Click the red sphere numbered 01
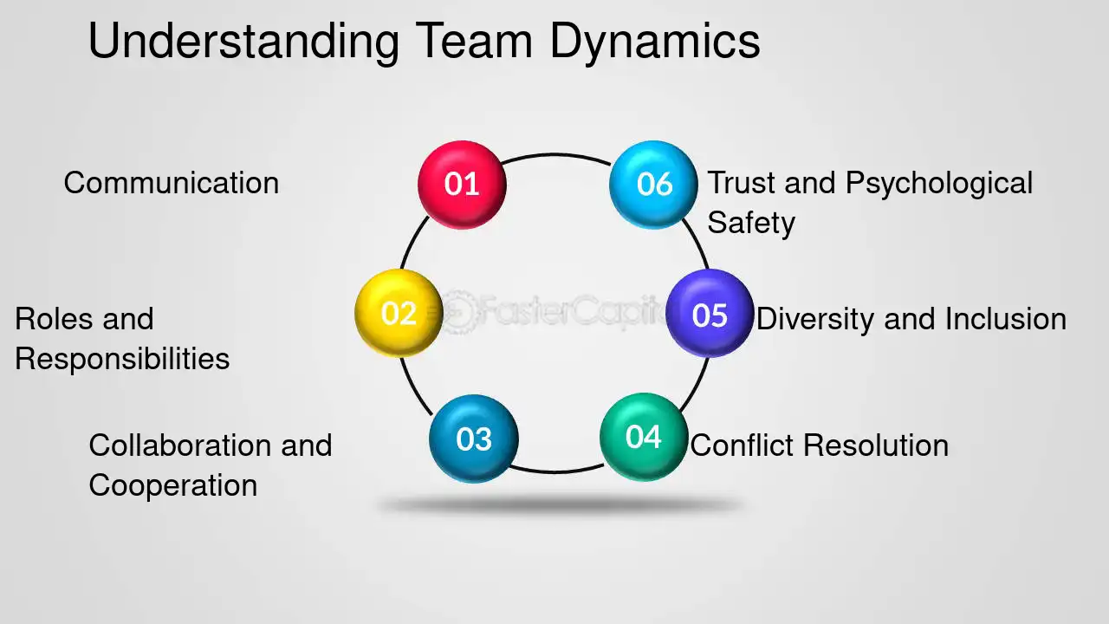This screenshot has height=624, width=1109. tap(462, 185)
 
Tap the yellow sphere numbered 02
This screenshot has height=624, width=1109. tap(399, 313)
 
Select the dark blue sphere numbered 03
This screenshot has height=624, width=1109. tap(474, 439)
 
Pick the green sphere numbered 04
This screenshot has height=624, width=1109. tap(644, 437)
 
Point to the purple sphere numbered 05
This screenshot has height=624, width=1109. tap(710, 313)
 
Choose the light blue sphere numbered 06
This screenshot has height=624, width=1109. tap(653, 185)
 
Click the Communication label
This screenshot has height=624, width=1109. tap(172, 183)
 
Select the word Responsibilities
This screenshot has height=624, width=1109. tap(122, 359)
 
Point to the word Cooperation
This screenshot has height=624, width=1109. tap(173, 485)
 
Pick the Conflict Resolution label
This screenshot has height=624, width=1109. tap(820, 445)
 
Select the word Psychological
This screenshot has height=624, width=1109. tap(939, 184)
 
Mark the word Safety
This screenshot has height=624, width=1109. tap(751, 224)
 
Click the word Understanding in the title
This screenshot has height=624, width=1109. tap(243, 42)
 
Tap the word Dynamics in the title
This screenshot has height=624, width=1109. tap(655, 42)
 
